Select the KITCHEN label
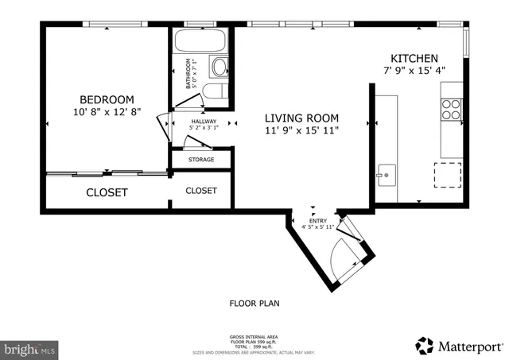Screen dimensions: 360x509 (414, 58)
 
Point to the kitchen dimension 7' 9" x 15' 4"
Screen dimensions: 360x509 (414, 70)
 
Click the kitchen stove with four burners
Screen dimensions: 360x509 (451, 109)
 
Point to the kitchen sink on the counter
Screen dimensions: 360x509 (387, 173)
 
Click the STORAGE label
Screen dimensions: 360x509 (201, 160)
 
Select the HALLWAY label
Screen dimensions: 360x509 (203, 122)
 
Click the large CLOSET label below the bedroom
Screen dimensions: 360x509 (107, 192)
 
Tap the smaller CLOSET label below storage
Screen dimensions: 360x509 (201, 191)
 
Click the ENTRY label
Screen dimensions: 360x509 (317, 220)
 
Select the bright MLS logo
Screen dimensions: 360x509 (30, 349)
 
